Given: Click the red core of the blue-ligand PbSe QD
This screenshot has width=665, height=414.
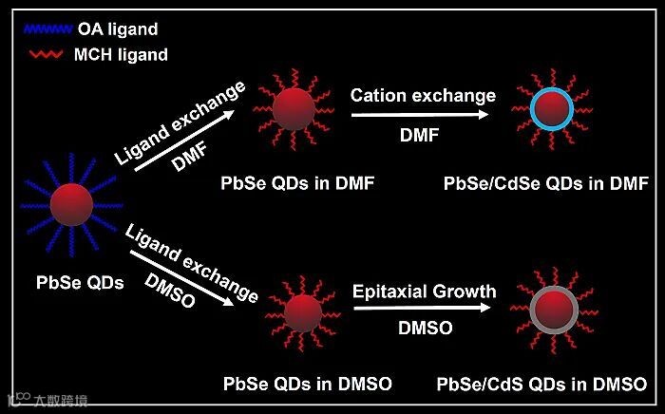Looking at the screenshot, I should [71, 203].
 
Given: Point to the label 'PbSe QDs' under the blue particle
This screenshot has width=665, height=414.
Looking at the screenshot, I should [80, 282].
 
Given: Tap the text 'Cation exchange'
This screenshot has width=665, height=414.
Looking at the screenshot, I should [423, 95].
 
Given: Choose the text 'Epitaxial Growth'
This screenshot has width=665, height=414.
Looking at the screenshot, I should [425, 291].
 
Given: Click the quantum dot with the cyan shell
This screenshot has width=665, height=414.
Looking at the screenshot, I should [550, 110].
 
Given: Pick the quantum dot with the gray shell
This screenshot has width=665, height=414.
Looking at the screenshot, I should [550, 310].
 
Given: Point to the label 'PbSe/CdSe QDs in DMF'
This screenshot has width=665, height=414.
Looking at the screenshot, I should [545, 182].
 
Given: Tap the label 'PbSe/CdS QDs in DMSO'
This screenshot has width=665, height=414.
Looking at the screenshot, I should [542, 384].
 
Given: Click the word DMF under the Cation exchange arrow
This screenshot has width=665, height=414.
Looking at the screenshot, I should [419, 135].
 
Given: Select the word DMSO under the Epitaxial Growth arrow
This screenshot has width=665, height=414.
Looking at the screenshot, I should [425, 329].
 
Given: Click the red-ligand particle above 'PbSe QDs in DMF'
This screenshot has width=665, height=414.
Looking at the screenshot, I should [293, 110].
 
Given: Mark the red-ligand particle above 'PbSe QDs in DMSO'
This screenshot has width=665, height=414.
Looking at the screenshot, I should [303, 312].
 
